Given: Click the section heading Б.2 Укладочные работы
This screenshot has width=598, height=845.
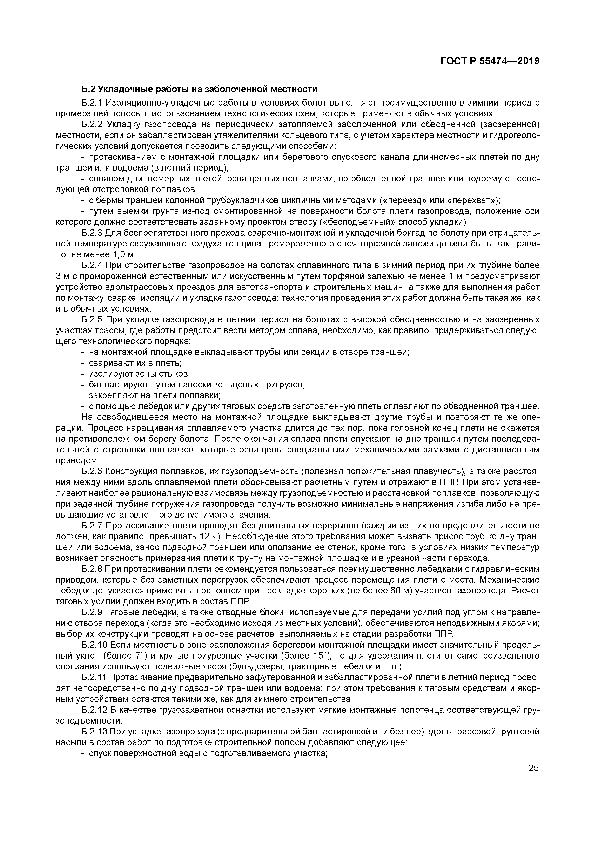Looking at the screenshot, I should (x=199, y=89).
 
